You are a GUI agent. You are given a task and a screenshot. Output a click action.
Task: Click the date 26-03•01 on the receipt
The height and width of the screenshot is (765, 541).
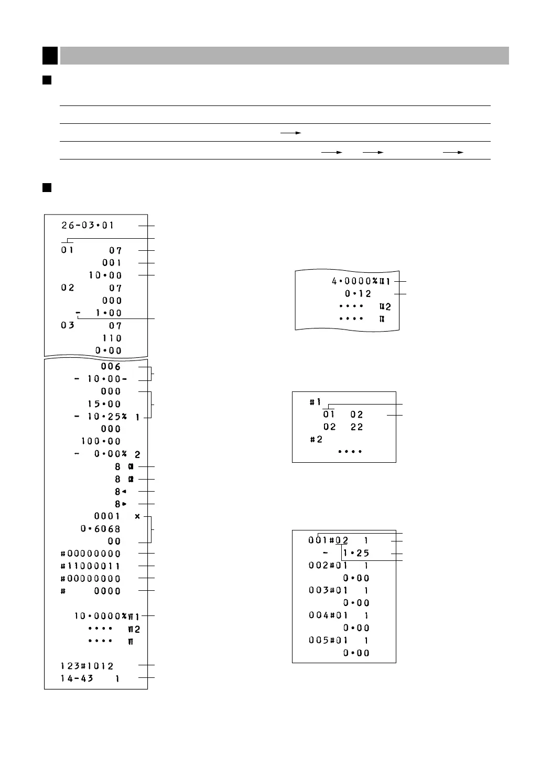coord(87,226)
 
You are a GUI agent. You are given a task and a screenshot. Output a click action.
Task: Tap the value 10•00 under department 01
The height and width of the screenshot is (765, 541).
coord(105,275)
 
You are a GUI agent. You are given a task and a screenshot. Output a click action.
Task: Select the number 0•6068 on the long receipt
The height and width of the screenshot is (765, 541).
coord(101,529)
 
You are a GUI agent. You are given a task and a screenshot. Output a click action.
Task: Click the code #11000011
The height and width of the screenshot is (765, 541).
coord(91,566)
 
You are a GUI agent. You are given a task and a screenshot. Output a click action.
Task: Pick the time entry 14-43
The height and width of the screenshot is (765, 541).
coord(77,679)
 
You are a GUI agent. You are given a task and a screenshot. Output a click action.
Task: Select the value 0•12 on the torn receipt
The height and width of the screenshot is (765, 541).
coord(358,294)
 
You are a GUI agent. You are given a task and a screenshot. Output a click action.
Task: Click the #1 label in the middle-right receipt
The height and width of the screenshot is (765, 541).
coord(315,402)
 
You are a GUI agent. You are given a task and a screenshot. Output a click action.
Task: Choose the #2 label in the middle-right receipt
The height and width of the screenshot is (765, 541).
coord(316,439)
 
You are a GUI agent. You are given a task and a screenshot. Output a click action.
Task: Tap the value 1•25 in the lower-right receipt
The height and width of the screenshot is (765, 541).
coord(356,553)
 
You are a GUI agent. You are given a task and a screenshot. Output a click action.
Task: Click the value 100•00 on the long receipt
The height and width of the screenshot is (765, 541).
coord(101,442)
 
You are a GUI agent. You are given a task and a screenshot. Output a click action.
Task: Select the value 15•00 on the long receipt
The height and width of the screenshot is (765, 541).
coord(104,404)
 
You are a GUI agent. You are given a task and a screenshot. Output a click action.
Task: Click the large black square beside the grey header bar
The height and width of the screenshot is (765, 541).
coord(50,55)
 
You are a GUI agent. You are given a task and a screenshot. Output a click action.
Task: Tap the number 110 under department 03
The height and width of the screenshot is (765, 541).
coord(112,338)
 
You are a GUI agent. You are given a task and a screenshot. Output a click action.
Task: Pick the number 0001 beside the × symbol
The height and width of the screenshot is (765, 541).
coord(107,516)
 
